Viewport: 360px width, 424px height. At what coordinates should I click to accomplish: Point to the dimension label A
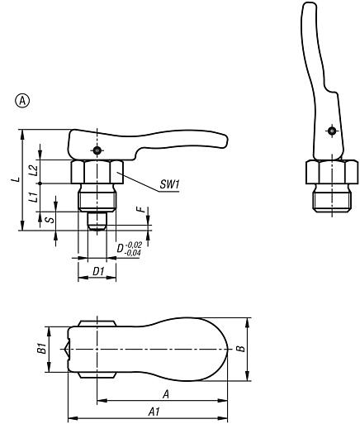(167, 395)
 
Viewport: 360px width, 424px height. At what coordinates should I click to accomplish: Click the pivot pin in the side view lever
(97, 150)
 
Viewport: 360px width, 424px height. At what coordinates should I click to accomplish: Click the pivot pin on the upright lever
(330, 131)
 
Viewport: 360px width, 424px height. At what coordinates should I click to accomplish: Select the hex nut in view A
(97, 172)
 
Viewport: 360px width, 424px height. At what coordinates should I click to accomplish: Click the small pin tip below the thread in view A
(97, 223)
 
